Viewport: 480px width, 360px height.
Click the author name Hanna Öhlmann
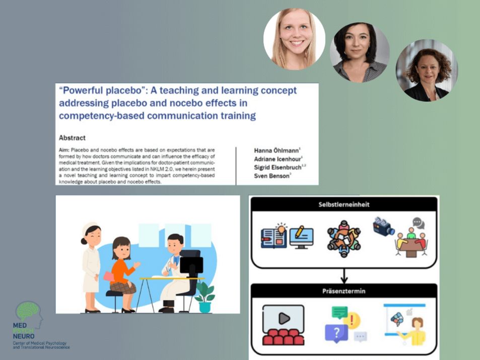pos(276,151)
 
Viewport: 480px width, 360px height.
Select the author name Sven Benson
pos(271,176)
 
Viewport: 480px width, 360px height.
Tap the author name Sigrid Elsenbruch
pos(278,168)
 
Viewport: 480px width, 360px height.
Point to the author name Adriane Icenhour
pos(278,159)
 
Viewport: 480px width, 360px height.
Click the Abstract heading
pos(72,138)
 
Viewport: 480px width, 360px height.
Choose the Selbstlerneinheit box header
pos(344,204)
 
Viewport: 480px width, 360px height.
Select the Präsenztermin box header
pos(344,291)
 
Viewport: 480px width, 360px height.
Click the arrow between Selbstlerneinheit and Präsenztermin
pos(344,276)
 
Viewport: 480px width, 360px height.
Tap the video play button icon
pos(284,318)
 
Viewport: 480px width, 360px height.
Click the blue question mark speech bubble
pos(336,333)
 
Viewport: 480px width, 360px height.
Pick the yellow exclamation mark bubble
pos(352,320)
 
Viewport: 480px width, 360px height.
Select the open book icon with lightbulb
pos(274,236)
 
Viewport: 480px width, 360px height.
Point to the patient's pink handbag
pos(109,276)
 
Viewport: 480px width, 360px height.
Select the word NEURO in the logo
pos(24,336)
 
